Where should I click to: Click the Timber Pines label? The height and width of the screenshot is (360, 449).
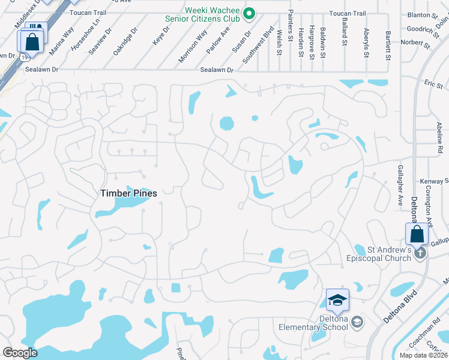click(128, 193)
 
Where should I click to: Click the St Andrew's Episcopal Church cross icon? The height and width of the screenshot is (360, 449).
click(420, 253)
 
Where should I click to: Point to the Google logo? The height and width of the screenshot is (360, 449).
click(20, 353)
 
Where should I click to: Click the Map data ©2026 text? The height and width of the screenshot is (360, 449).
click(423, 355)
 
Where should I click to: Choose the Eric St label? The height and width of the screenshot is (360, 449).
click(433, 84)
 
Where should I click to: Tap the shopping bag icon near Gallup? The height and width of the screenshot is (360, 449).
click(416, 234)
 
